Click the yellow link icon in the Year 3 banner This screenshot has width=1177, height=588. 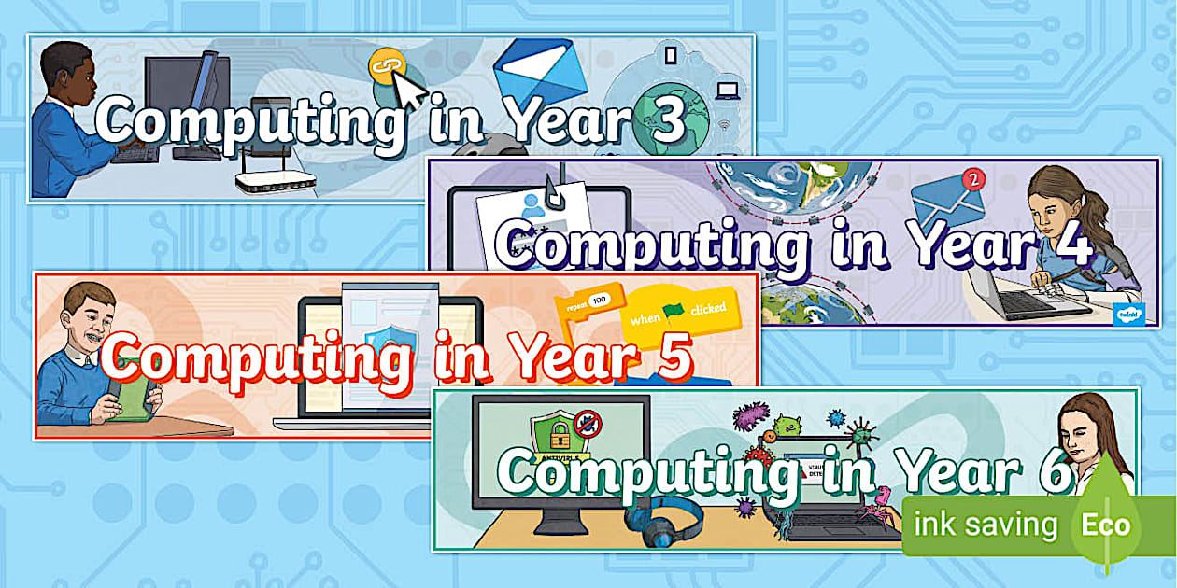pyautogui.click(x=384, y=66)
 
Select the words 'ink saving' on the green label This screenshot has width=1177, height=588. pyautogui.click(x=984, y=525)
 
